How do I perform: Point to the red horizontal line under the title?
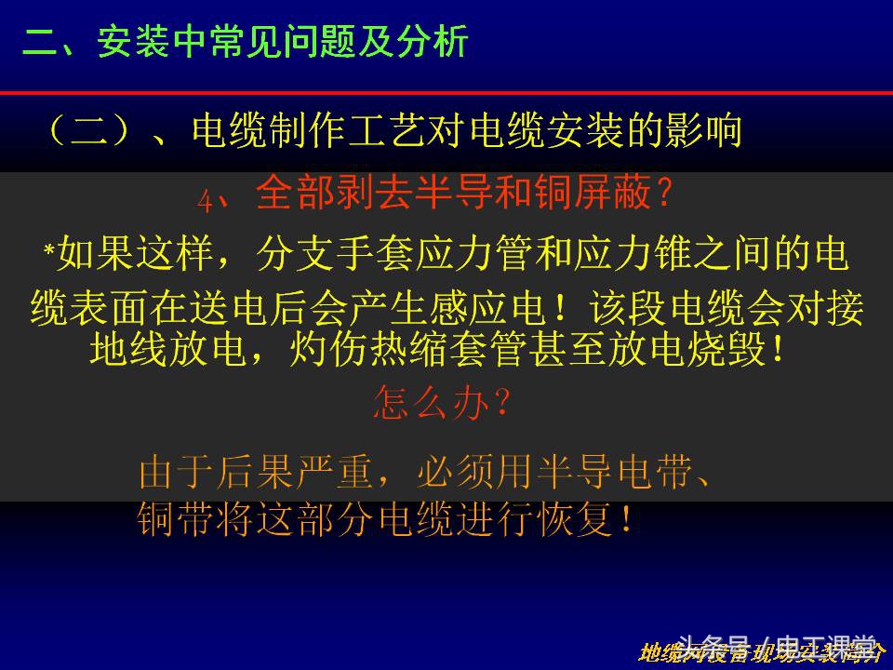[x=446, y=93]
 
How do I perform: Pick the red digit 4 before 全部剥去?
[x=206, y=198]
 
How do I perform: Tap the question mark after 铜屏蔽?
[x=663, y=194]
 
